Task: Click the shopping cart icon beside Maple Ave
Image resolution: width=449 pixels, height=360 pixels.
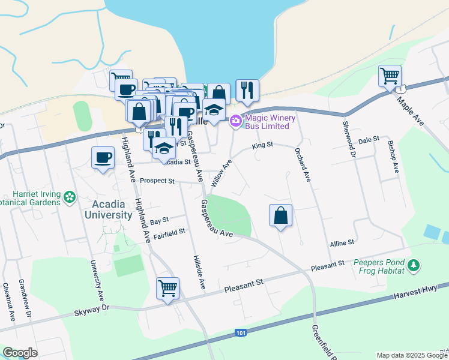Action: click(390, 76)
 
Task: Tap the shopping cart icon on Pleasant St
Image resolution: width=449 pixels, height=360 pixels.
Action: click(167, 288)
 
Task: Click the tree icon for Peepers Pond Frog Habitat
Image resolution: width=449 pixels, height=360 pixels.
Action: click(413, 265)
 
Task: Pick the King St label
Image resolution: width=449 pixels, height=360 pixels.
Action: click(262, 145)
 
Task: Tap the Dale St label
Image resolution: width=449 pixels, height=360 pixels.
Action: click(369, 139)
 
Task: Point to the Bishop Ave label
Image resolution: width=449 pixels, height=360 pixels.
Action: click(392, 157)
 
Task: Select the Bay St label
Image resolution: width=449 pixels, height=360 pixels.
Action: click(159, 220)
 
